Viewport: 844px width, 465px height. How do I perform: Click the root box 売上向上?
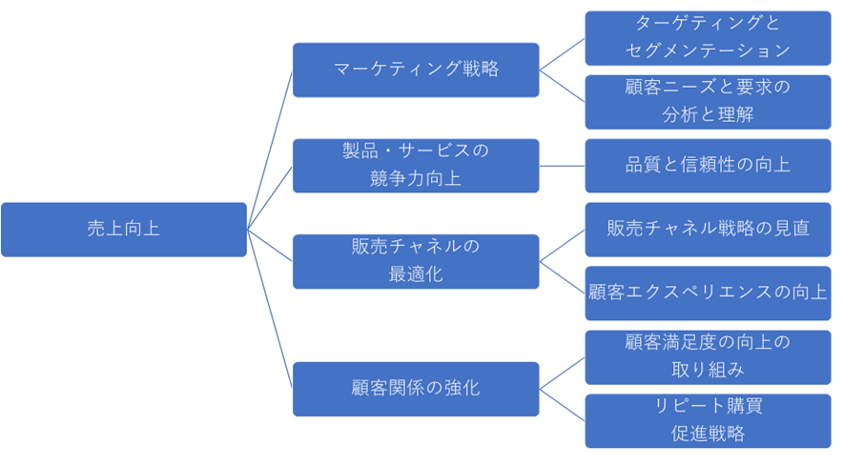124,229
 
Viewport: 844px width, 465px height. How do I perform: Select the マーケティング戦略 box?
416,70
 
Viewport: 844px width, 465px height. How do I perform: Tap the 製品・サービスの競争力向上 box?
416,165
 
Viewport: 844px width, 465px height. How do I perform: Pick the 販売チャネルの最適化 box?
416,260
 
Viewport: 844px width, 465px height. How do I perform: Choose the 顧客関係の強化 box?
416,388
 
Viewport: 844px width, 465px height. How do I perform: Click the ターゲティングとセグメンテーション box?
708,37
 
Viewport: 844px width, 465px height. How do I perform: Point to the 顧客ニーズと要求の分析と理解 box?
708,101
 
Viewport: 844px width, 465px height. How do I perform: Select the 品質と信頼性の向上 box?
708,165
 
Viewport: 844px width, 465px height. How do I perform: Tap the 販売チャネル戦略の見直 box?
708,229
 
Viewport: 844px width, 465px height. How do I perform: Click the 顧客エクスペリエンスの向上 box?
708,293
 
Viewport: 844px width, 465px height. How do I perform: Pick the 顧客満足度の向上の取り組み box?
708,355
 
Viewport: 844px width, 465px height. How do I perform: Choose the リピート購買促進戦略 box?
708,419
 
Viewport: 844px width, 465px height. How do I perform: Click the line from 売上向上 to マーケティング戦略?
270,150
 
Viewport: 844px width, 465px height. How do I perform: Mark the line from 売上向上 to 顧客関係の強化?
270,308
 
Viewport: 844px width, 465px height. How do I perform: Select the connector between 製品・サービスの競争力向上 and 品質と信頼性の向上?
562,165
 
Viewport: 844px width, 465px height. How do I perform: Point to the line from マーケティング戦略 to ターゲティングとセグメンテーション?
562,53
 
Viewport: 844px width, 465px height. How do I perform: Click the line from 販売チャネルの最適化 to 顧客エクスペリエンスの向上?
562,276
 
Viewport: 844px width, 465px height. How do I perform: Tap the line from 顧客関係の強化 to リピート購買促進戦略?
562,404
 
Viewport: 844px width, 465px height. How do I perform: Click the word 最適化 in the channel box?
416,274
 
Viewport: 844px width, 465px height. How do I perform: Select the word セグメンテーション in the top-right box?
708,50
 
